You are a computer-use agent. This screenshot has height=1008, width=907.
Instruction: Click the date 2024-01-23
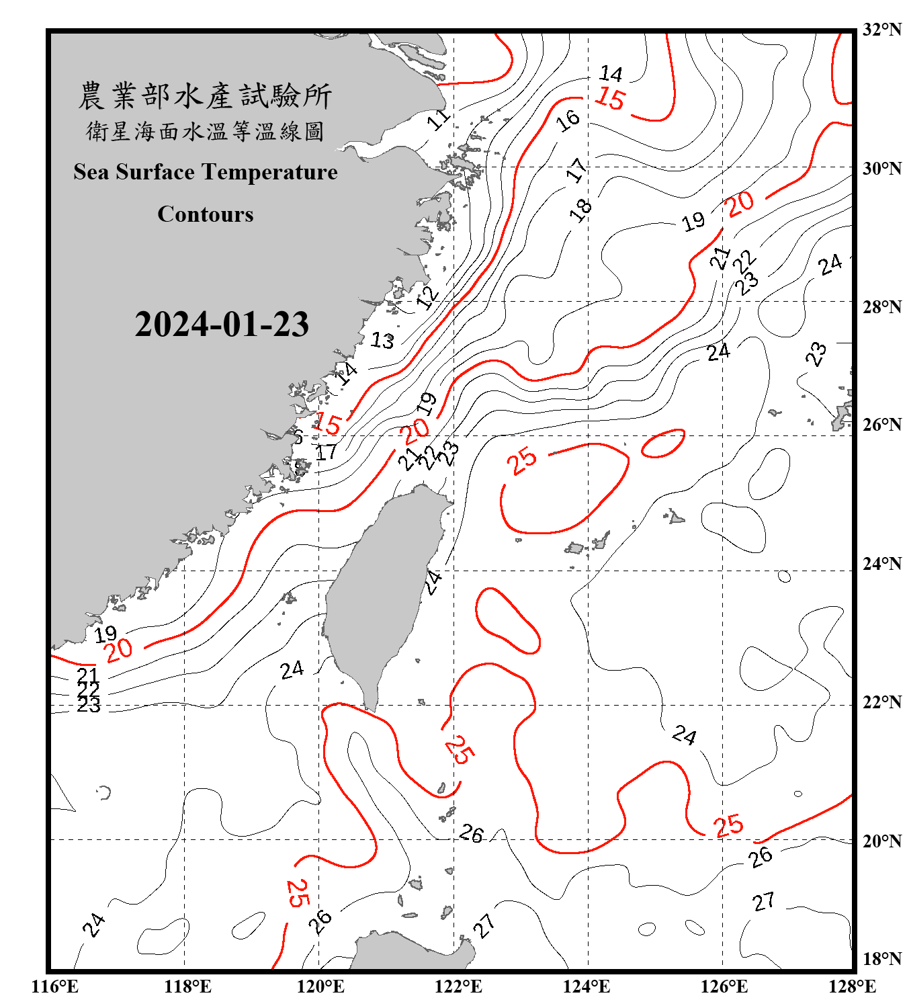click(x=222, y=325)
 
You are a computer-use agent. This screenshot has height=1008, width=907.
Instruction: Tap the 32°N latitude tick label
click(x=881, y=30)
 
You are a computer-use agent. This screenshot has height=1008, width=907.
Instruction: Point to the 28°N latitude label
click(x=881, y=307)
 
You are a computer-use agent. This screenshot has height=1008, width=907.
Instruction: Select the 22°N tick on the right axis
click(x=881, y=702)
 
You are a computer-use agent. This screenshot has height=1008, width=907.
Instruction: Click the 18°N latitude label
click(x=881, y=959)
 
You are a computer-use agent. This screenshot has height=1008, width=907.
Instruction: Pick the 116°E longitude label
click(x=54, y=986)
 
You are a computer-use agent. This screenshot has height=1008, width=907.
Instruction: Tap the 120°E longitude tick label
click(x=320, y=986)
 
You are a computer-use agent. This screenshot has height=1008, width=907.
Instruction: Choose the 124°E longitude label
click(x=587, y=986)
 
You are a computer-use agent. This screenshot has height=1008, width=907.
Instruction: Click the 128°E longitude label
click(x=852, y=986)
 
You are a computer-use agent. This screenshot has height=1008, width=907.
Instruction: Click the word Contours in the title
click(x=206, y=214)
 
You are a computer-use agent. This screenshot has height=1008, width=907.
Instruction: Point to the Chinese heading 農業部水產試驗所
click(x=205, y=96)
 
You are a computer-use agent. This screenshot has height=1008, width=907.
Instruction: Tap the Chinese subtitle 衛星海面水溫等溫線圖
click(x=205, y=132)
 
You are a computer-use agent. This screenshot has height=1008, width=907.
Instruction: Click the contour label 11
click(x=439, y=120)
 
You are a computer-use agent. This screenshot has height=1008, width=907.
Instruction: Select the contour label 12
click(x=427, y=296)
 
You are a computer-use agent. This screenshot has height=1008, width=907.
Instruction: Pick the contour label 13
click(x=382, y=341)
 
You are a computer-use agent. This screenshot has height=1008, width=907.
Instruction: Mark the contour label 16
click(x=568, y=120)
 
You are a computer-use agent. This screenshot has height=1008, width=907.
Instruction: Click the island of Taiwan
click(x=383, y=591)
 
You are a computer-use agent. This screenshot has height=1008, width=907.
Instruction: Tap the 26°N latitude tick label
click(x=881, y=425)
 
